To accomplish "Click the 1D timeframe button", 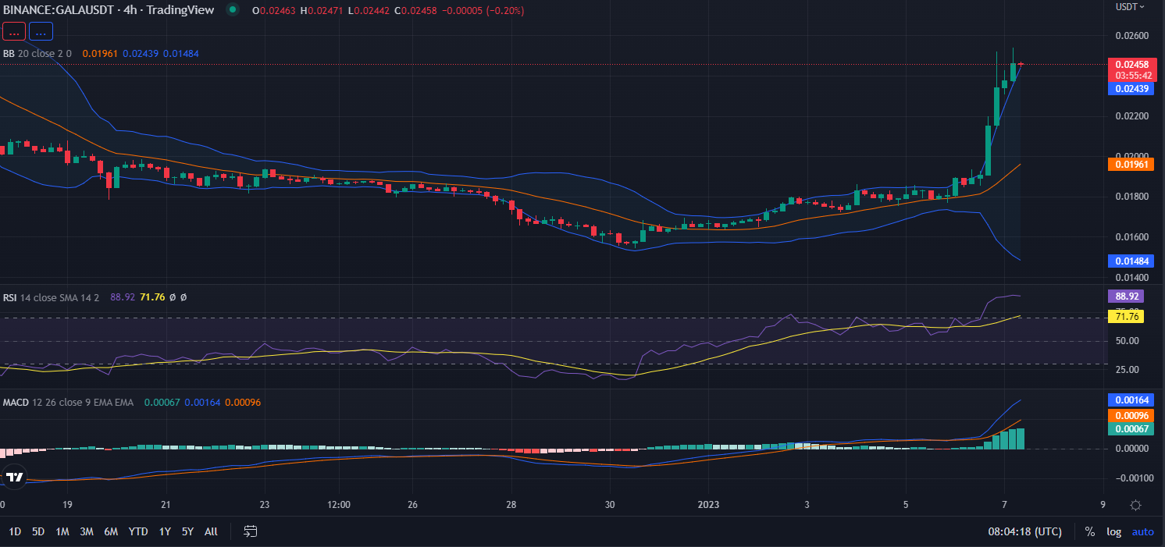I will tap(15, 531).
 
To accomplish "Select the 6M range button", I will tap(111, 531).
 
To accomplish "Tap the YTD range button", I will tap(138, 531).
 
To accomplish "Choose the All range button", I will tap(211, 531).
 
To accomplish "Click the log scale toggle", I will tap(1113, 531).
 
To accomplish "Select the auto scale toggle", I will tap(1142, 531).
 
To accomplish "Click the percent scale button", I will tap(1089, 531).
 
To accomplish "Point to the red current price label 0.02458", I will tap(1131, 64).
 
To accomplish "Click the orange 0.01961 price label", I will tap(1131, 165).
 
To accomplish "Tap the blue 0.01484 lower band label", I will tap(1131, 261).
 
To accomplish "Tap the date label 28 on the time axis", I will tap(511, 503).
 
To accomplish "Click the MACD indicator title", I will tap(16, 402).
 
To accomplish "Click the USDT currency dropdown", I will tap(1130, 6).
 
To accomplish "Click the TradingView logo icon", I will tap(14, 477).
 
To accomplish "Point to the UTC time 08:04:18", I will tap(1024, 531).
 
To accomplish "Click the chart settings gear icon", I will tap(1137, 505).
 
